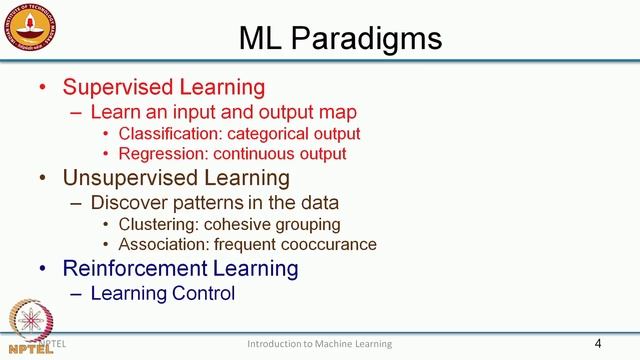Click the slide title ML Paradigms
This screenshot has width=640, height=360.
click(340, 38)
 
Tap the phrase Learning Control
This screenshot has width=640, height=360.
click(162, 293)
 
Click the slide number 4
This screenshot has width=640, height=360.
click(597, 344)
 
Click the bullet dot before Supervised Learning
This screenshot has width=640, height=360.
click(42, 88)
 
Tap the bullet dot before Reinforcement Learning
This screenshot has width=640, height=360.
click(42, 269)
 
